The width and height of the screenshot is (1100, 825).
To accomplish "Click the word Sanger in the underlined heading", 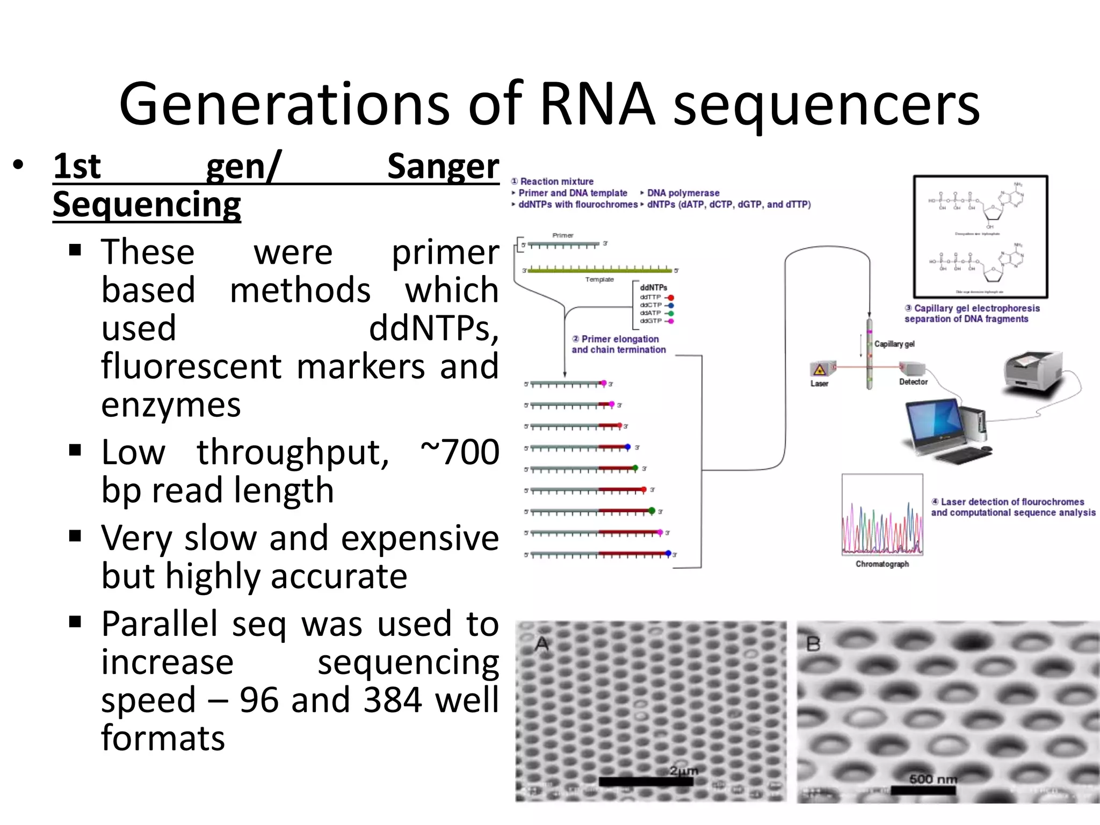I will point(443,167).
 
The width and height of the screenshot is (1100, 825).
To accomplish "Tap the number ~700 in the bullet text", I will point(460,452).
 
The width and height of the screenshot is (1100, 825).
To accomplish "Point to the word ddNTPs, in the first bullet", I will point(433,328).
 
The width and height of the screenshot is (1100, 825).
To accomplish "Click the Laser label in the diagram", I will point(819,383).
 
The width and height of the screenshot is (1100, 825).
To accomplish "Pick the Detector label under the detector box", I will point(913,382).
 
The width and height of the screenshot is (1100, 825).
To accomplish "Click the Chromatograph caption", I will point(882,564).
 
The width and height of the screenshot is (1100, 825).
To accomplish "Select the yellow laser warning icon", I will point(819,370).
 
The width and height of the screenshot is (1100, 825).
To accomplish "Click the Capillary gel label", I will point(894,344).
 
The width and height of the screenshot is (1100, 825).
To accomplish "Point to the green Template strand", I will point(599,270).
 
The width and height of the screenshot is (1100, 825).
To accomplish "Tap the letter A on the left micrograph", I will point(542,643).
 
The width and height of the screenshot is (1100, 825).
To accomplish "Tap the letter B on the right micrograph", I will point(813,643).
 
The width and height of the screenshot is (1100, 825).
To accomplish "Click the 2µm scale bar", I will point(646,781).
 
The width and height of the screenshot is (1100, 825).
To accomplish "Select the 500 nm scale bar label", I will point(933,779).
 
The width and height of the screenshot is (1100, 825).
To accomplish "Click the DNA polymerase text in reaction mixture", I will point(683,193).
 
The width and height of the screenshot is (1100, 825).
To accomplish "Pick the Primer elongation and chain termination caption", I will point(618,344).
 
